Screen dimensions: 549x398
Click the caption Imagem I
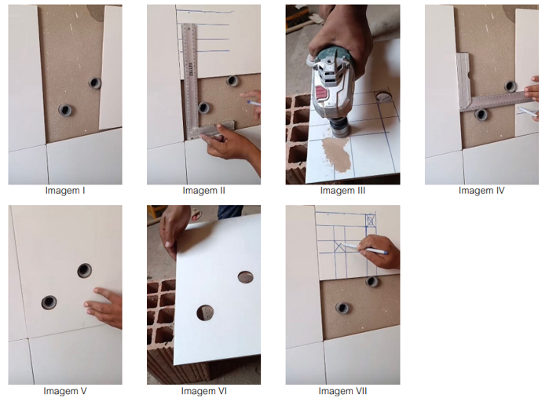(x=64, y=191)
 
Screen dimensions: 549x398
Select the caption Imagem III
(x=342, y=191)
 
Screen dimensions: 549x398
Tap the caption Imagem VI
(x=203, y=391)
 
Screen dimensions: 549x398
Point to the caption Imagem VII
(x=342, y=391)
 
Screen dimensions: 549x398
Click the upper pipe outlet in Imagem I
(x=95, y=83)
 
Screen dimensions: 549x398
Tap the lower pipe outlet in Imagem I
(x=65, y=110)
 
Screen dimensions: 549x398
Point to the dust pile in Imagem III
(x=336, y=154)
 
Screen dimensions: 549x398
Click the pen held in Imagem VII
(x=364, y=248)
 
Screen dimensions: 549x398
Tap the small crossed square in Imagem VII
(x=370, y=220)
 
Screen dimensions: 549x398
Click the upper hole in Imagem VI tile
(x=245, y=277)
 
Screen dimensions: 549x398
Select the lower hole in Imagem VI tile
(x=205, y=312)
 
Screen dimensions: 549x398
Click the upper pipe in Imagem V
(x=84, y=270)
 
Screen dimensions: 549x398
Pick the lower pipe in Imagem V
(x=49, y=302)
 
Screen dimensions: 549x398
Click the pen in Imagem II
(x=253, y=103)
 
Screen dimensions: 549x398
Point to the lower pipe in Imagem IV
(x=481, y=114)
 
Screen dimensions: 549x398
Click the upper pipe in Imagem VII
(x=371, y=282)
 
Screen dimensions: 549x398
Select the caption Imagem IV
(x=481, y=191)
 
